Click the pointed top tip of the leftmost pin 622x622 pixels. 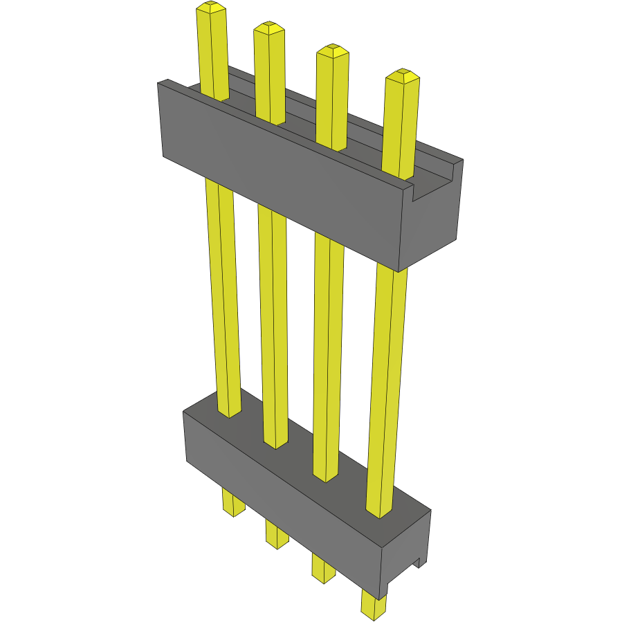coord(211,8)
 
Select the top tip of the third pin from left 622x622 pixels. coord(332,51)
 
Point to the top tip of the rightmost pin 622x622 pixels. coord(403,75)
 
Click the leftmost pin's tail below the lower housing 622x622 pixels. coord(233,502)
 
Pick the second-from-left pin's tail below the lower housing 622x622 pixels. coord(277,535)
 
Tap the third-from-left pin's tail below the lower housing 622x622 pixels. coord(322,567)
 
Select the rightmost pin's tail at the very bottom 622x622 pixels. coord(374,605)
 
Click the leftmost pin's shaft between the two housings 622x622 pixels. coord(223,298)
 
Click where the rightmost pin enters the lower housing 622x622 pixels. coord(379,512)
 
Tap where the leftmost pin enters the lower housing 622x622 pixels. coord(230,413)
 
